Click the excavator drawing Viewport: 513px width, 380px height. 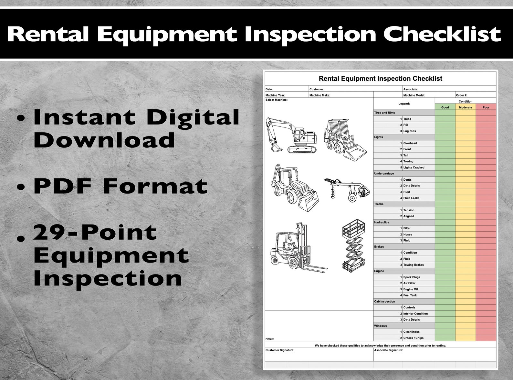(291, 135)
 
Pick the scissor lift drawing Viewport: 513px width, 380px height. (354, 245)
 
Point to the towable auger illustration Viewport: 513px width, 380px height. (347, 190)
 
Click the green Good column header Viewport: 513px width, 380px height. (445, 107)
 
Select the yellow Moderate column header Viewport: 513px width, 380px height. (465, 107)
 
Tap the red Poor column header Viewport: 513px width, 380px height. (486, 107)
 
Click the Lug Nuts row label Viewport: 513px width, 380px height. (409, 131)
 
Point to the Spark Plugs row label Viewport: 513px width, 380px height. (412, 277)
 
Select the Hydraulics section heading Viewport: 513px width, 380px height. (382, 222)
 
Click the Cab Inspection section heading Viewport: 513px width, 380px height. (384, 302)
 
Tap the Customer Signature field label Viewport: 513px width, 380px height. (280, 350)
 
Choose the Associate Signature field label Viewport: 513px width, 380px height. (389, 350)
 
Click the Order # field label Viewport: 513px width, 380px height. (462, 95)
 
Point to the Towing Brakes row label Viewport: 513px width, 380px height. (414, 265)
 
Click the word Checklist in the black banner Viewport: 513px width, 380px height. (442, 34)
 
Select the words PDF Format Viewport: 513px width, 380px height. (120, 186)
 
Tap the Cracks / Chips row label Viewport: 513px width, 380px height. (413, 338)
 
